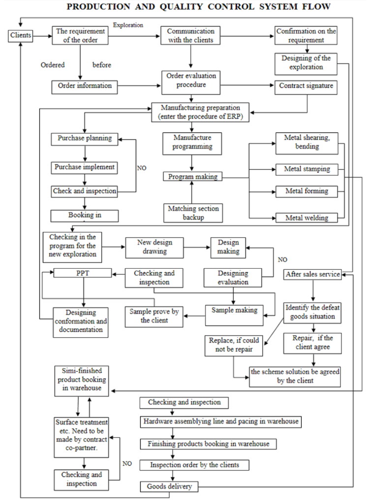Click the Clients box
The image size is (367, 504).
pos(21,35)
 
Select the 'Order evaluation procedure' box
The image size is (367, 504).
pos(189,80)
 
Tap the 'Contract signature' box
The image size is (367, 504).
pos(306,86)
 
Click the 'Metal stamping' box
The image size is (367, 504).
pos(307,169)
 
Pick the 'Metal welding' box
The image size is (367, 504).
pos(307,217)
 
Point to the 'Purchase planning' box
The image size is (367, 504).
pos(85,139)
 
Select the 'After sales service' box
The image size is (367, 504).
pos(313,274)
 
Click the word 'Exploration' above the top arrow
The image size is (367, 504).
pos(128,24)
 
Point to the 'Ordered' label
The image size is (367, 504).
pos(53,65)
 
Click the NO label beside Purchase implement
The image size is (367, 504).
pos(142,167)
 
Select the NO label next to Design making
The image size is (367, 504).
pos(283,259)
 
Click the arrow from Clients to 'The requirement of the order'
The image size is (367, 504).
pos(42,35)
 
